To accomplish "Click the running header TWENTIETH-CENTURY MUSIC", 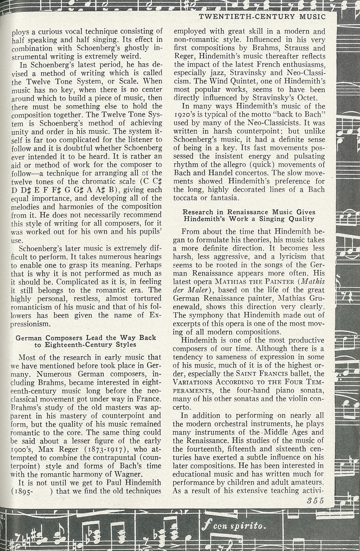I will (262, 17).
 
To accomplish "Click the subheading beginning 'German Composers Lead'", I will (86, 341).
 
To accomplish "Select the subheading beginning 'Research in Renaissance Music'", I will (249, 215).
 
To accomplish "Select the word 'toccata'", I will (186, 198).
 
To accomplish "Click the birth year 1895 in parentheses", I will (23, 491).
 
